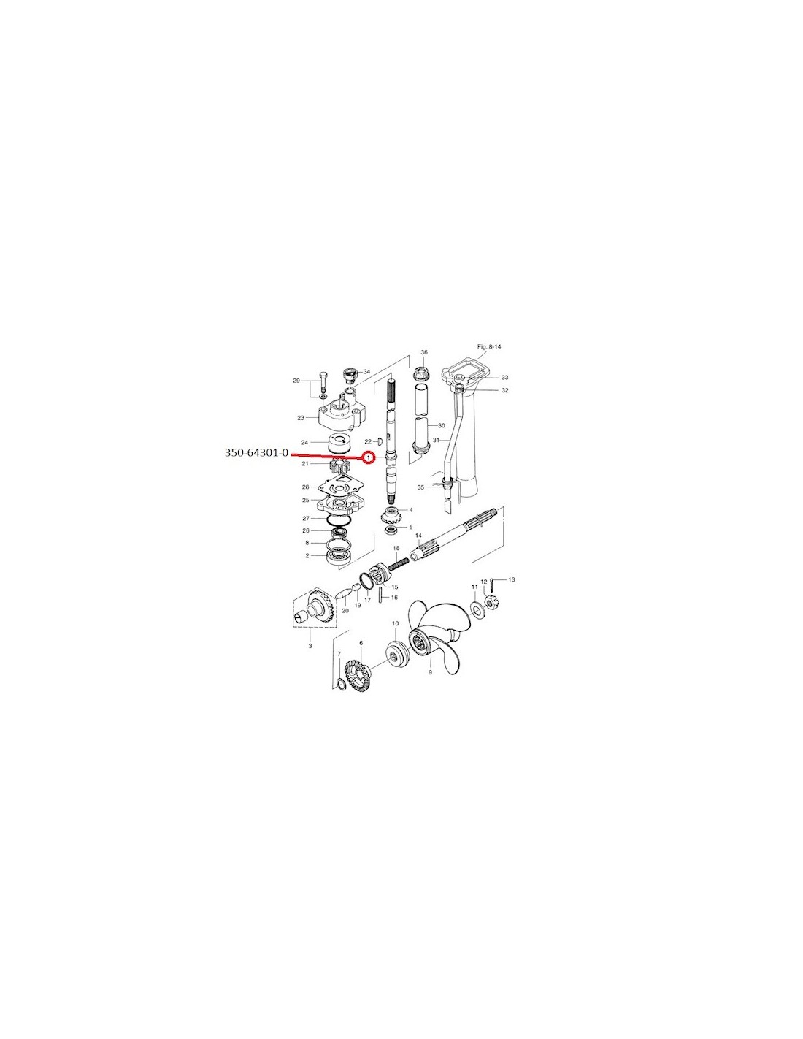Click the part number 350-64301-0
pyautogui.click(x=256, y=453)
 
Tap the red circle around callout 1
pyautogui.click(x=369, y=458)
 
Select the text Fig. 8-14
pyautogui.click(x=489, y=346)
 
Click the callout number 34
pyautogui.click(x=367, y=371)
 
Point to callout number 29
pyautogui.click(x=296, y=381)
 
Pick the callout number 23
pyautogui.click(x=301, y=418)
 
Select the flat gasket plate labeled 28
pyautogui.click(x=339, y=487)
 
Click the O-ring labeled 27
pyautogui.click(x=338, y=518)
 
